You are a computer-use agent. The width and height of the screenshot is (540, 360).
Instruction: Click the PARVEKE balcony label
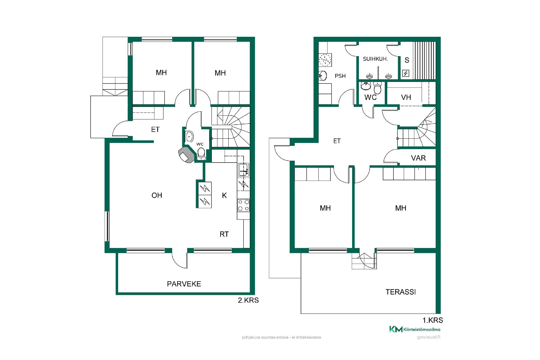(x=184, y=284)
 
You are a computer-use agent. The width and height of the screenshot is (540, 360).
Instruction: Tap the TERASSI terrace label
(x=400, y=292)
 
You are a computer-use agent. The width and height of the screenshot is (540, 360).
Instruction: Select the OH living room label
(x=157, y=195)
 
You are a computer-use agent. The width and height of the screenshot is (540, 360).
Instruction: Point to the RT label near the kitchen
(x=224, y=234)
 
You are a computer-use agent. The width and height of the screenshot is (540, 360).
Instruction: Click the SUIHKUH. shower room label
(x=375, y=59)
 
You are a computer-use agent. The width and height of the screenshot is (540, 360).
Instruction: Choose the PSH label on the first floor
(x=340, y=76)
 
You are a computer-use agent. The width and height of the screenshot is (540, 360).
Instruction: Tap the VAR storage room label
(x=418, y=158)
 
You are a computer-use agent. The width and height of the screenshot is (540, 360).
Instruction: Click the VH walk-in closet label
(x=406, y=97)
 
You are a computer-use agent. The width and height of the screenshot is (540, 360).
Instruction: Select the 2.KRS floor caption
(x=248, y=300)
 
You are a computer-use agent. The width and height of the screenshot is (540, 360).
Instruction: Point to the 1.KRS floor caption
(x=433, y=320)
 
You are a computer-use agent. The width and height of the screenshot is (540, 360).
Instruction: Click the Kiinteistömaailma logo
(x=415, y=329)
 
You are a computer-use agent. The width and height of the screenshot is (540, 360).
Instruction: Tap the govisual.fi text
(x=429, y=337)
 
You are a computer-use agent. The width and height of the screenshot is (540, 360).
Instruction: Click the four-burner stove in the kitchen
(x=244, y=205)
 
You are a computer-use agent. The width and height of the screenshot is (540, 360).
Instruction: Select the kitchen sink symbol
(x=243, y=170)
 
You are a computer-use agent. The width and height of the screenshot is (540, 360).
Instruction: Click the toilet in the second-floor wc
(x=201, y=154)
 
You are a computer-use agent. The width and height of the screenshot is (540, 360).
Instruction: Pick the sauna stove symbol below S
(x=406, y=73)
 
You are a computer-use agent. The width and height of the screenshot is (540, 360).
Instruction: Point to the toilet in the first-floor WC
(x=377, y=88)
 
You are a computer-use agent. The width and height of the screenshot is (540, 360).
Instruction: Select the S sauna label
(x=407, y=60)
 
